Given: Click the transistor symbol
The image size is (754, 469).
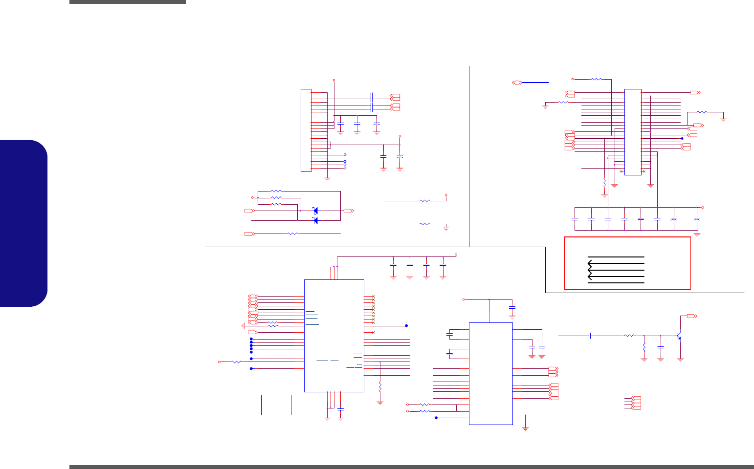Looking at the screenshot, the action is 679,336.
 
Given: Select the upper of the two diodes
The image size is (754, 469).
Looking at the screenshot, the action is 315,211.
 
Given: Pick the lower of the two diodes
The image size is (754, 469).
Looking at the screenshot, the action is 315,221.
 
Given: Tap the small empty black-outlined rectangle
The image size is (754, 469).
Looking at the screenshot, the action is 276,405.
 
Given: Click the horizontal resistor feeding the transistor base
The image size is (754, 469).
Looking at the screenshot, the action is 629,336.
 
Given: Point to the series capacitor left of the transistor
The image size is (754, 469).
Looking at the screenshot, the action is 590,336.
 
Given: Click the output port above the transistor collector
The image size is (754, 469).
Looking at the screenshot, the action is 692,316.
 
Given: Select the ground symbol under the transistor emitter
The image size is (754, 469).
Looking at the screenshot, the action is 680,360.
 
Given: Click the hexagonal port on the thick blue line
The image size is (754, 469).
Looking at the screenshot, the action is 517,83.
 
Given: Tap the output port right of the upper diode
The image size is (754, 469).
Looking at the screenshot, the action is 349,211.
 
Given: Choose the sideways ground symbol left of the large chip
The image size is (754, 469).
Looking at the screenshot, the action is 243,326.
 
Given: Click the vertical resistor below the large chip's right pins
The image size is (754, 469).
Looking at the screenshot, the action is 380,387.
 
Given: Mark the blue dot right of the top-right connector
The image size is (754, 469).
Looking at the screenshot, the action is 682,139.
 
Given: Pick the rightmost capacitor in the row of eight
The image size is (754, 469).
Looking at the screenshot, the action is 697,219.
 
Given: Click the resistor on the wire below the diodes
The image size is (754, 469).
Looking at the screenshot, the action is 292,234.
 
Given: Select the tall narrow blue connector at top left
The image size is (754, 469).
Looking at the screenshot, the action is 306,130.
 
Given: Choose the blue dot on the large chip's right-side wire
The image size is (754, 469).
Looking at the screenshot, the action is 406,325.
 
